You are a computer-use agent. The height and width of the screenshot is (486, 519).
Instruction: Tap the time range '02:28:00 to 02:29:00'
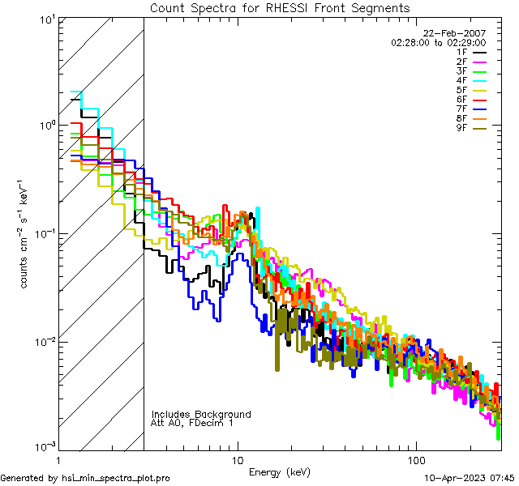pos(438,42)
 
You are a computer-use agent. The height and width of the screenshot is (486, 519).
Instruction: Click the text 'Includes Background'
pos(201,414)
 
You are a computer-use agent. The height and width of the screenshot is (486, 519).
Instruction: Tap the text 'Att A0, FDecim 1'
pos(191,423)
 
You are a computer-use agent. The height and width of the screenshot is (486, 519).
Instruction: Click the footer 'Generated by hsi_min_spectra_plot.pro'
pos(85,478)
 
